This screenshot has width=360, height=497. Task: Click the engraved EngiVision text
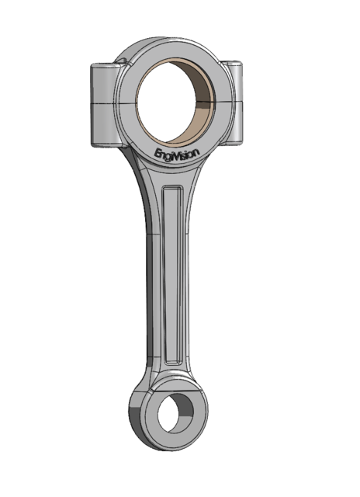(178, 153)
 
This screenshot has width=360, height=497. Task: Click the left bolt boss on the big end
(105, 105)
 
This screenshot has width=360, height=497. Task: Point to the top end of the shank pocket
(173, 191)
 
